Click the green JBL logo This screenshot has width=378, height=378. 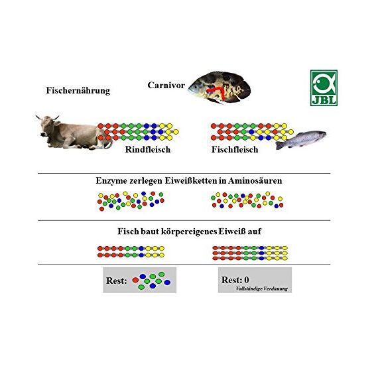click(324, 88)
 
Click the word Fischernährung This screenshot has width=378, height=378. click(78, 91)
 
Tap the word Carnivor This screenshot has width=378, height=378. click(166, 85)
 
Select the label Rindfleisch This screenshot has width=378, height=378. click(148, 149)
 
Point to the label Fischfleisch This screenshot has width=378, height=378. click(235, 149)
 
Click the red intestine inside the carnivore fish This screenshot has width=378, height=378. click(218, 91)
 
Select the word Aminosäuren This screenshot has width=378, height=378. click(255, 180)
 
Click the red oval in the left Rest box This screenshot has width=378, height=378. click(135, 280)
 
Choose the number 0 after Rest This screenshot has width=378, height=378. click(247, 280)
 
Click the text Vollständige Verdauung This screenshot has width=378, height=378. click(262, 288)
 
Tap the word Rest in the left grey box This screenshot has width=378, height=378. click(116, 281)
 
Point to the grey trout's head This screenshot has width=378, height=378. click(320, 135)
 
